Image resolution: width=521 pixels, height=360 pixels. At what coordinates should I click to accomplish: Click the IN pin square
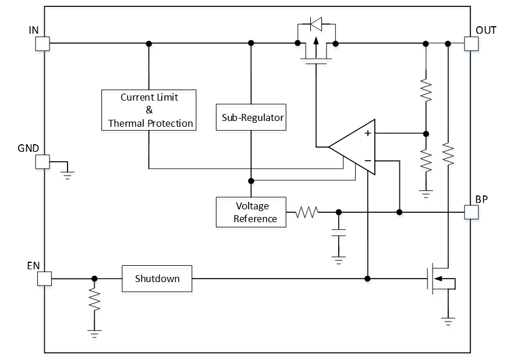coord(42,44)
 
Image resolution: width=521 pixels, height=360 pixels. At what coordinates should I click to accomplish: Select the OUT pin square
coord(471,44)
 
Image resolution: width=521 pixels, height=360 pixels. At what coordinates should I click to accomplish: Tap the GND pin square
coord(42,162)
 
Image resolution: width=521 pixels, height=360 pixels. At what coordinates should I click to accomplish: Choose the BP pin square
coord(471,212)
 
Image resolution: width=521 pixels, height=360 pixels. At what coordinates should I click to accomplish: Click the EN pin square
coord(44,279)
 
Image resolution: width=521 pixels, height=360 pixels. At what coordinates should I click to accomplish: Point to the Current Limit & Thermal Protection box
coord(149,110)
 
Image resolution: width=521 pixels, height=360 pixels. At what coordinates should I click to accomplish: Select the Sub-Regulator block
coord(251,118)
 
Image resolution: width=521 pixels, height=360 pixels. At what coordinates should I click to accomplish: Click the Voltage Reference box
coord(251,212)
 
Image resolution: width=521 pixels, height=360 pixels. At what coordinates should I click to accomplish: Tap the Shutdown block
coord(157,279)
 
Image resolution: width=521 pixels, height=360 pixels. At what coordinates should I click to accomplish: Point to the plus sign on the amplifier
coord(368,133)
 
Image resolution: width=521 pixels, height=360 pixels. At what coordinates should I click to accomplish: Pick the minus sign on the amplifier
coord(368,161)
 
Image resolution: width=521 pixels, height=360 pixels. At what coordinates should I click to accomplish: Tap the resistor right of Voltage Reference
coord(307,212)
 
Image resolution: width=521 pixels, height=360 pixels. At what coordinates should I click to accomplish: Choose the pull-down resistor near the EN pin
coord(94,300)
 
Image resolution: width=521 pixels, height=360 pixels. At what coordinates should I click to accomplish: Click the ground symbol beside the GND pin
coord(68,172)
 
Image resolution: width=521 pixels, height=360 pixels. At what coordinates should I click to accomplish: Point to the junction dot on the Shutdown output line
coord(367,279)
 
